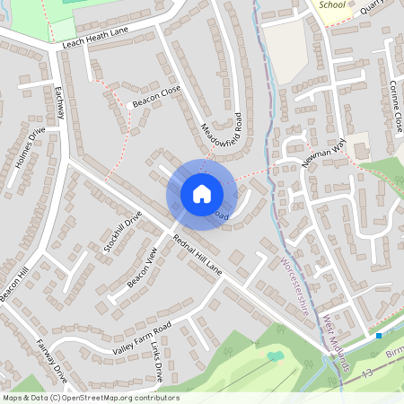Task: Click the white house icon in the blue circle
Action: tap(201, 193)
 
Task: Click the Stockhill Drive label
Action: tap(122, 231)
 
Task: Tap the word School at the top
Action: tap(333, 4)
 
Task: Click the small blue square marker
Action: tap(380, 335)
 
